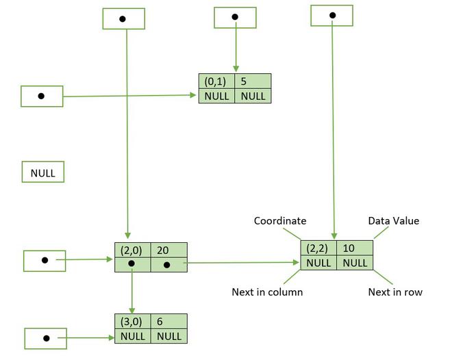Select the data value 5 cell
253,81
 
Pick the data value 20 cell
169,250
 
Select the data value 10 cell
355,248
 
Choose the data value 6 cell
169,321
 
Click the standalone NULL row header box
43,172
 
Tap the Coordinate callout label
280,221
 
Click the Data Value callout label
394,221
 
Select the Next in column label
267,292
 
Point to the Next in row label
395,292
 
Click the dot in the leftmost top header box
122,19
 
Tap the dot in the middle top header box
235,17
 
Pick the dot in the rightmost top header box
332,15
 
